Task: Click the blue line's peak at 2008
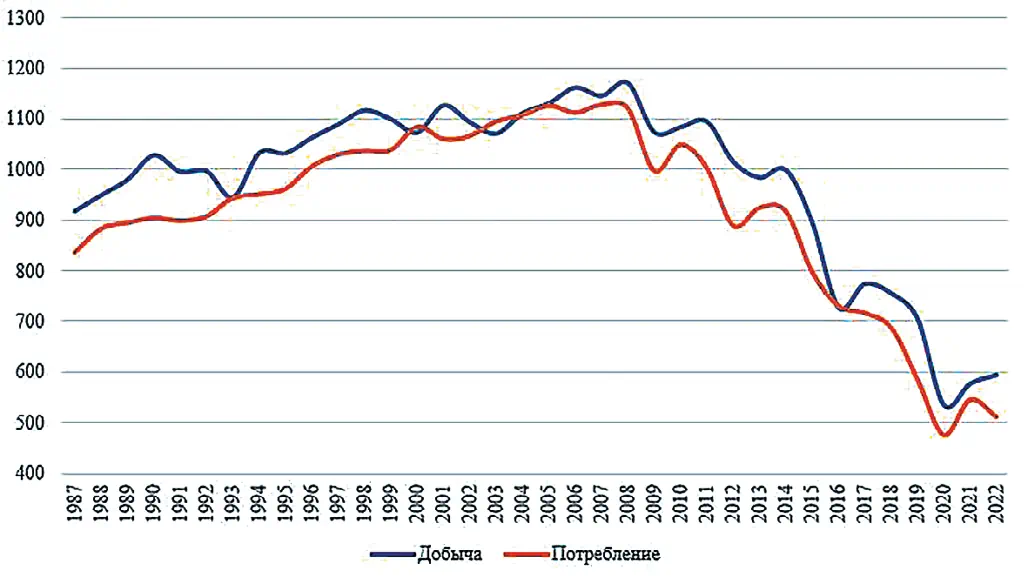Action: (x=624, y=82)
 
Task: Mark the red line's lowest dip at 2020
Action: (x=943, y=435)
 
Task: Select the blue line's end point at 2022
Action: (x=997, y=375)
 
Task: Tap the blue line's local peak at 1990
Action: (x=154, y=155)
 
